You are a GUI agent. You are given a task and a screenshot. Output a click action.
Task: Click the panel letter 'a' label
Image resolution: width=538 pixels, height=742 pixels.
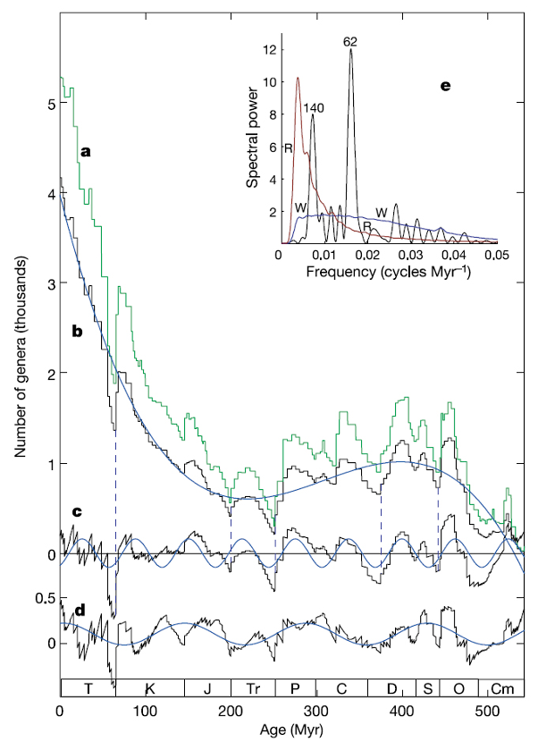coord(87,151)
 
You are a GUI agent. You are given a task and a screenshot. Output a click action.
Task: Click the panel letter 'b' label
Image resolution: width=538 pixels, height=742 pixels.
coord(78,331)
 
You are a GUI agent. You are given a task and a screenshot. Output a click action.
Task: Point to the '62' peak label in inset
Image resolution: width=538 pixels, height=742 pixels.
coord(351,41)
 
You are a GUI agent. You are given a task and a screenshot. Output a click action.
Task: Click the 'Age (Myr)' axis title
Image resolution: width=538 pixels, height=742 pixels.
coord(292,729)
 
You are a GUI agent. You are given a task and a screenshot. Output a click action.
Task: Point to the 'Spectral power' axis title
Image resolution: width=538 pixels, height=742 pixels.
coord(253,135)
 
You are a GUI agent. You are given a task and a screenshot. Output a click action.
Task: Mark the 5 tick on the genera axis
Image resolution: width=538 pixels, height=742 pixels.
coord(52,104)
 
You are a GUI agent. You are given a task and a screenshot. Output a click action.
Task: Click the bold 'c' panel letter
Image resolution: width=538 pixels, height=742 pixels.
coord(78,512)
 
